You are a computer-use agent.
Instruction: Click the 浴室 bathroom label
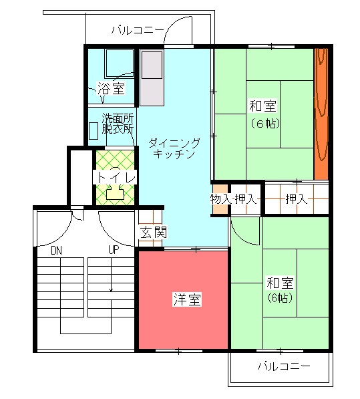[x=111, y=88]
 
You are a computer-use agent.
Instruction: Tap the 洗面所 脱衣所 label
[x=118, y=124]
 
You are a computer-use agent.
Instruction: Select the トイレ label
[x=115, y=177]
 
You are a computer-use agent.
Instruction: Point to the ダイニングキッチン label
[x=174, y=148]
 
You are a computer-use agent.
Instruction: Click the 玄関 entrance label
[x=154, y=233]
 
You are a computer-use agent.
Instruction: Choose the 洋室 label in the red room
[x=188, y=299]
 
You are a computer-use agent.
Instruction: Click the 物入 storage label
[x=220, y=198]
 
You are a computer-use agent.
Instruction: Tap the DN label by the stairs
[x=57, y=251]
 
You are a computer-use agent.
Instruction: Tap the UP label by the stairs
[x=114, y=250]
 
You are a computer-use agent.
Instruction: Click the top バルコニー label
[x=138, y=30]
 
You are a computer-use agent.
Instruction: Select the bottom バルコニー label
[x=284, y=366]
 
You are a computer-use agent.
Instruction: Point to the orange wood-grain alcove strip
[x=321, y=114]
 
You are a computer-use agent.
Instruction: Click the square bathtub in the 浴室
[x=120, y=63]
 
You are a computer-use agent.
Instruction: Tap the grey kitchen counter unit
[x=152, y=78]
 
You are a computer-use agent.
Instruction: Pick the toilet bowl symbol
[x=115, y=184]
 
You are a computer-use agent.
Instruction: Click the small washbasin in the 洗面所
[x=94, y=131]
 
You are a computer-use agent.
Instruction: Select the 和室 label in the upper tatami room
[x=262, y=106]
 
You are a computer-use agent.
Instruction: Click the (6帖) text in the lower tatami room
[x=280, y=297]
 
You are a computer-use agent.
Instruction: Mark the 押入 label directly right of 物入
[x=246, y=198]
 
